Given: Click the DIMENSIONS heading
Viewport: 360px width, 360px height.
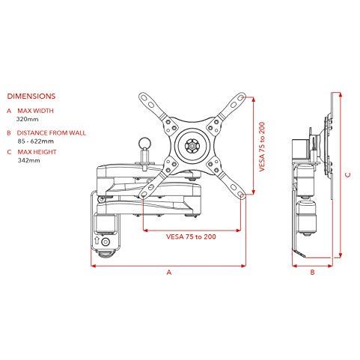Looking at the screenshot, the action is pos(31,97).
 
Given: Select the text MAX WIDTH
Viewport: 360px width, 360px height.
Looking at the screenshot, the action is pos(35,111).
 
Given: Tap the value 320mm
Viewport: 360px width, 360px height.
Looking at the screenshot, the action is pos(28,119).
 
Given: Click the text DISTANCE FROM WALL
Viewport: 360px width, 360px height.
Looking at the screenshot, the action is pos(52,133).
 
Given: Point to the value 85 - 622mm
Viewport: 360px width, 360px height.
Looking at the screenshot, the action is pos(36,141).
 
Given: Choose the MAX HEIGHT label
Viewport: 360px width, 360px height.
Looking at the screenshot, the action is pos(37,152).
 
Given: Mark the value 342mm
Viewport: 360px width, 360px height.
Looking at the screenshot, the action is pos(28,160).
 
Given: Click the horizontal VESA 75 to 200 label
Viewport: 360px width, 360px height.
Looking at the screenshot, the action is pos(191,237).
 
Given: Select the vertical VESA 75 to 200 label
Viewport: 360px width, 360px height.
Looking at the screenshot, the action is pos(262,147).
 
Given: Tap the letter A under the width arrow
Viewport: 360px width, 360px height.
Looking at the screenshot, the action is pos(169,272).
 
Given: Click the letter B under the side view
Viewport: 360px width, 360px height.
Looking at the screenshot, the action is pos(312,272).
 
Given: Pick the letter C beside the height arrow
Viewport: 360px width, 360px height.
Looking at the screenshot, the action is pos(348,174).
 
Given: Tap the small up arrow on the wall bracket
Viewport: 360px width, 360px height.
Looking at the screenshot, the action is pos(97,241).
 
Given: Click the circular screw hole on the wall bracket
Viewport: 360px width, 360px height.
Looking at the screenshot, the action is pos(106,242).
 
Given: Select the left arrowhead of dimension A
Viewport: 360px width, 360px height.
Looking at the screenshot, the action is pos(94,266).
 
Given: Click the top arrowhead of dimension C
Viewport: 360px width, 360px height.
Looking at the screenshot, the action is pos(340,95).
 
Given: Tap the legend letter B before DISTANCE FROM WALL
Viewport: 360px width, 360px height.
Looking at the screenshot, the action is pos(9,133).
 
